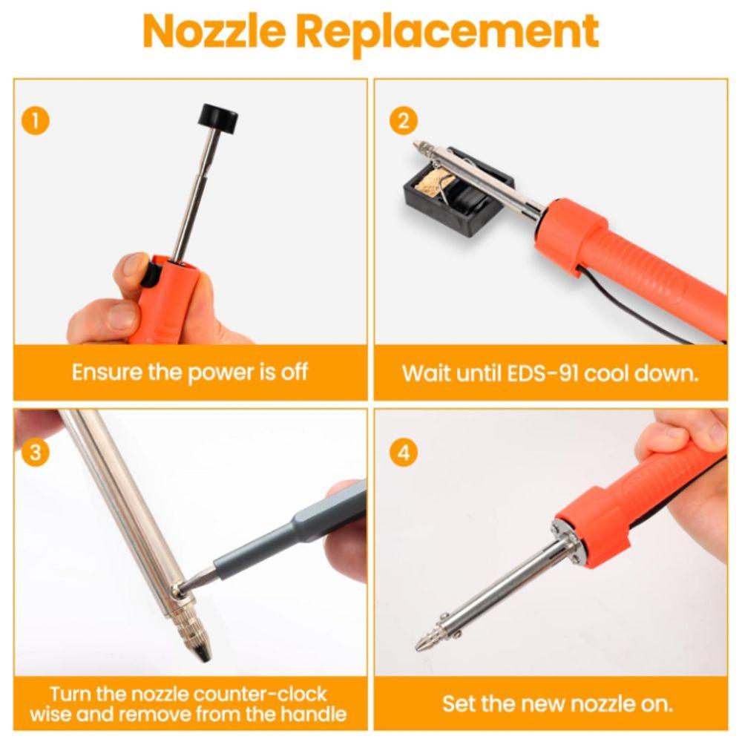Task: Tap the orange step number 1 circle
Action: point(35,121)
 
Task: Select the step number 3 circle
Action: point(35,452)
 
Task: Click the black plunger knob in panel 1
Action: point(218,117)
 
